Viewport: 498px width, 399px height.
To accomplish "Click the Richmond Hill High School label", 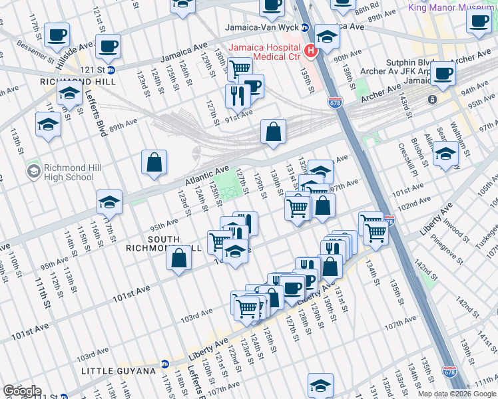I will click(69, 172).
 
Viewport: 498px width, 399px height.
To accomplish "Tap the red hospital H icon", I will click(310, 51).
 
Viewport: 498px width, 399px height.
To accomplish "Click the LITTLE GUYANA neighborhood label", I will click(114, 370).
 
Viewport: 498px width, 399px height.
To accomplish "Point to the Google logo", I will click(21, 391).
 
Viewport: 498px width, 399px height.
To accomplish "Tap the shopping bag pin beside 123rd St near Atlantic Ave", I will click(154, 162).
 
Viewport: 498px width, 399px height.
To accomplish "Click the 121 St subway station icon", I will click(111, 69).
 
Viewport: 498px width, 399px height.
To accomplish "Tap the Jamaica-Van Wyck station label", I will click(263, 28).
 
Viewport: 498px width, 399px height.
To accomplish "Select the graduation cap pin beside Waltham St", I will click(445, 154).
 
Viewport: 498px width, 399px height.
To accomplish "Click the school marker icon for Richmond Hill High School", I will click(33, 172).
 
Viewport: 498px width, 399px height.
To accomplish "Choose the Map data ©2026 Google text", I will click(456, 394).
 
